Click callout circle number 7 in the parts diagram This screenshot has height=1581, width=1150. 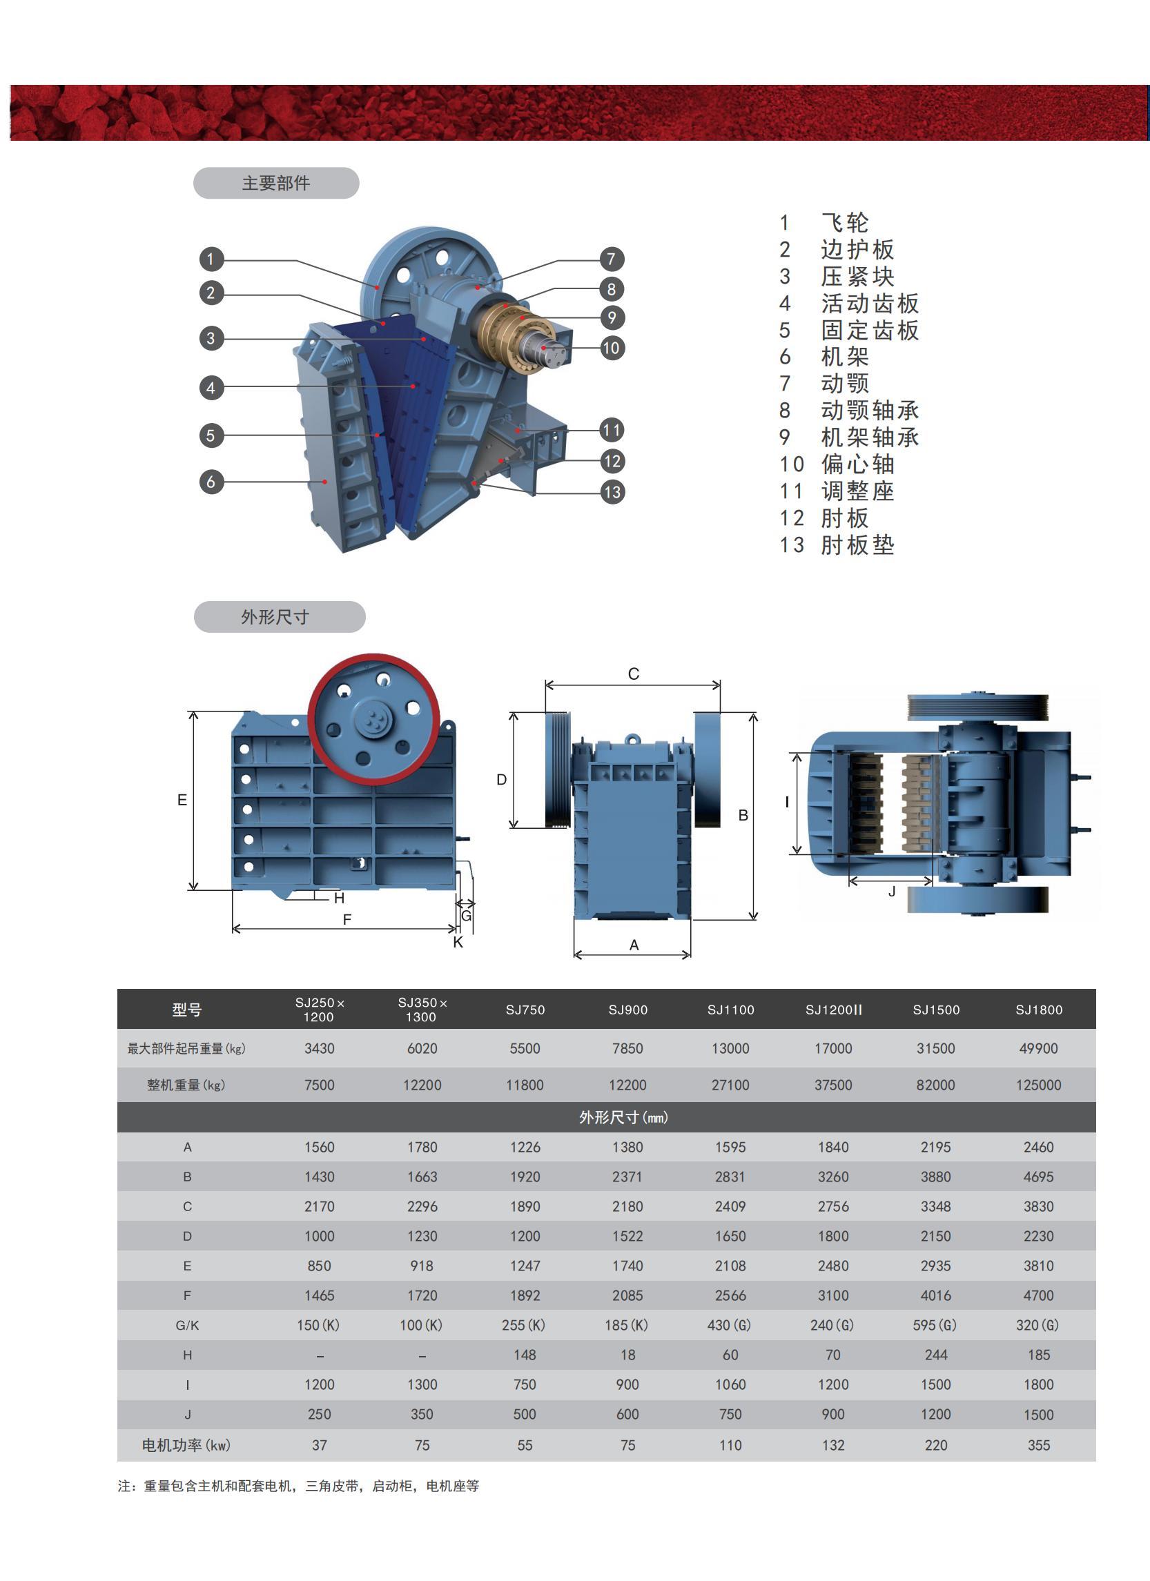coord(611,259)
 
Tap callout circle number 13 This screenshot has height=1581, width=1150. coord(612,492)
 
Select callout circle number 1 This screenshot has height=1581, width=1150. coord(211,259)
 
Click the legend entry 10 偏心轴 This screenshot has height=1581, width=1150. coord(837,464)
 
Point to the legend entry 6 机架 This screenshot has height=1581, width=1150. coord(823,357)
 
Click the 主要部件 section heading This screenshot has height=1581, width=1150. coord(276,184)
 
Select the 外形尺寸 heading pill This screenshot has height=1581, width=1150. coord(279,617)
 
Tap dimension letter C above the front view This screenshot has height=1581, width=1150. coord(633,674)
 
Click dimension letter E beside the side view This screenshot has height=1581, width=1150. coord(182,801)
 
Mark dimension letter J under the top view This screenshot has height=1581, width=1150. coord(891,892)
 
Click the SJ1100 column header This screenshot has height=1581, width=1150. coord(730,1010)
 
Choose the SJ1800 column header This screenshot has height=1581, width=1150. coord(1038,1010)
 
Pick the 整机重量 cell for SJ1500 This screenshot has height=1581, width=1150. coord(936,1086)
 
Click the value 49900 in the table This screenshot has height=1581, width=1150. coord(1038,1048)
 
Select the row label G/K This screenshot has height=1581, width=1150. coord(188,1326)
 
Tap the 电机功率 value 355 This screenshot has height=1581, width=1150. coord(1038,1446)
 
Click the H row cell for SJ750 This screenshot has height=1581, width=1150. coord(525,1355)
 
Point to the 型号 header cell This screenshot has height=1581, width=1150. coord(187,1010)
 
